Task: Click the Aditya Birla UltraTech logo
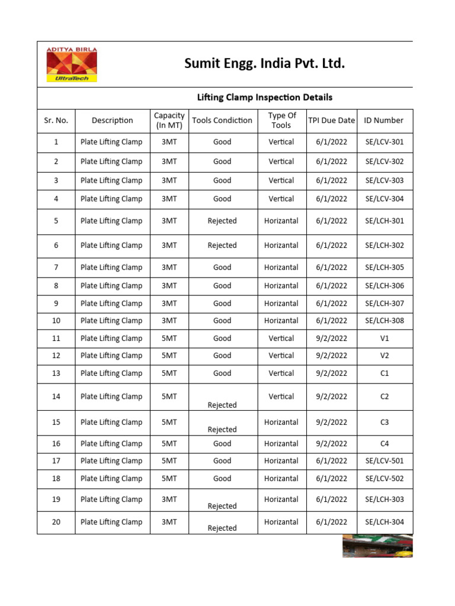point(72,65)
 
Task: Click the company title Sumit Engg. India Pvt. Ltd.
point(264,63)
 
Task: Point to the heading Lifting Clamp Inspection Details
point(264,97)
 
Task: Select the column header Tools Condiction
point(222,120)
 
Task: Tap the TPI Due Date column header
point(331,120)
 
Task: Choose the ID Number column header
point(384,120)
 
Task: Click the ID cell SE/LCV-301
point(384,142)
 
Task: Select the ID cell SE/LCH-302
point(384,246)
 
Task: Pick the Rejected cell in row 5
point(222,221)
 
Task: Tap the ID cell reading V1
point(384,339)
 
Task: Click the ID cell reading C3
point(384,423)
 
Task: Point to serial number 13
point(56,373)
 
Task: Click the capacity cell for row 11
point(169,339)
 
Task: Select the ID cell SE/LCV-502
point(384,479)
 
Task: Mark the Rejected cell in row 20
point(222,528)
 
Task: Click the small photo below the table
point(377,546)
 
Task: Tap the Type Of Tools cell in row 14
point(281,397)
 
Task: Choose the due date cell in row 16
point(331,444)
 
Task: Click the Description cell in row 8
point(111,286)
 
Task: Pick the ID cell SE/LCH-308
point(384,321)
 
